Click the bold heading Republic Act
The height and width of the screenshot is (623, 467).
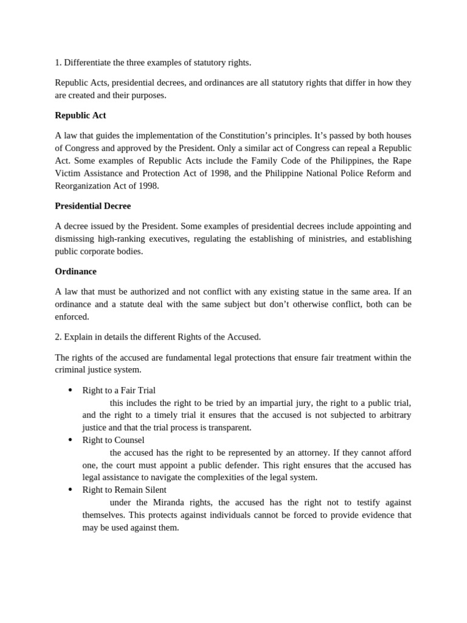point(80,115)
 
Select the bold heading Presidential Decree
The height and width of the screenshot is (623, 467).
point(92,206)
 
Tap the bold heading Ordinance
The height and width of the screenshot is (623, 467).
point(75,271)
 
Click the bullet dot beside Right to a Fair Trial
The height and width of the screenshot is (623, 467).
point(71,390)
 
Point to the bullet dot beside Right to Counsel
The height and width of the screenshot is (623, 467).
point(71,440)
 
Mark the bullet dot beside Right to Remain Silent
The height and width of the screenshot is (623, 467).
point(71,490)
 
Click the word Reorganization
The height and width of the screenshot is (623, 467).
point(83,186)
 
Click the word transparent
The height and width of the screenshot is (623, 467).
point(227,428)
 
